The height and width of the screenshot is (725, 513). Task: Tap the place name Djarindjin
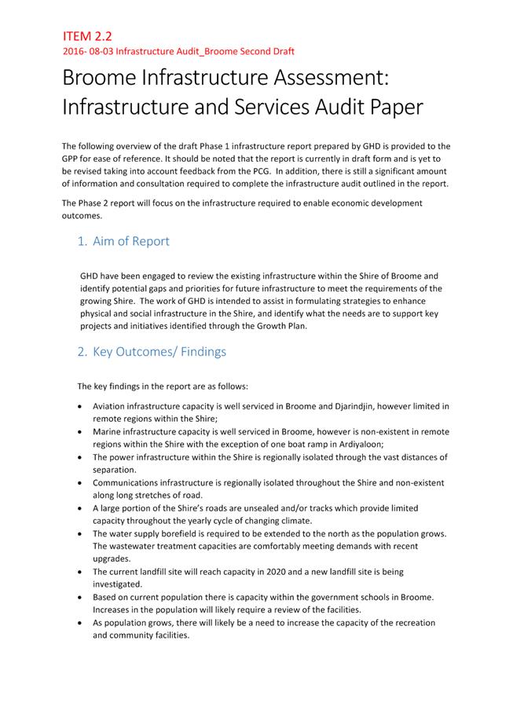(x=349, y=407)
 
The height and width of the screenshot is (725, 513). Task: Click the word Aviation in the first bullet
(x=110, y=407)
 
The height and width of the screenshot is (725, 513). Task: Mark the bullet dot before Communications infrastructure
(x=82, y=483)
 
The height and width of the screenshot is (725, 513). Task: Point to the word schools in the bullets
(x=357, y=598)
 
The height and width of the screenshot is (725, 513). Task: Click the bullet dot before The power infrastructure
(x=82, y=457)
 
